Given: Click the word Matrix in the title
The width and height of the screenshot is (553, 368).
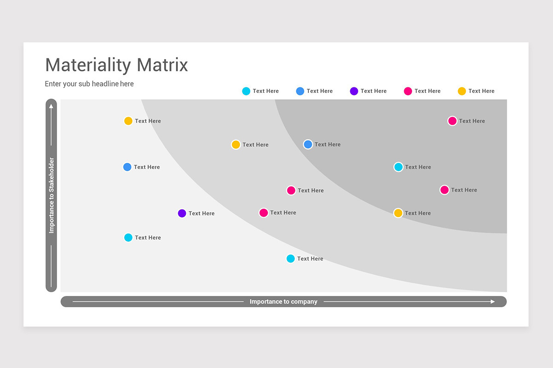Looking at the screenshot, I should tap(162, 65).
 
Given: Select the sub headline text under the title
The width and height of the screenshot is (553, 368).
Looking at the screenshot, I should tap(89, 84).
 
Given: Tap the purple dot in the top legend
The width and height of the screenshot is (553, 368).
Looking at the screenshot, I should tap(354, 91).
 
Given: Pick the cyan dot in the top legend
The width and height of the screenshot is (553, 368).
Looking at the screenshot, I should tap(246, 91).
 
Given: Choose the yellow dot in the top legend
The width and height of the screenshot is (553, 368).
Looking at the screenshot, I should tap(462, 91).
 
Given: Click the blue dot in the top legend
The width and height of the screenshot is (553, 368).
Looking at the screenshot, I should tap(300, 91).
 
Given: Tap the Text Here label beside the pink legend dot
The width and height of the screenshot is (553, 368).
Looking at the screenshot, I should tap(427, 91).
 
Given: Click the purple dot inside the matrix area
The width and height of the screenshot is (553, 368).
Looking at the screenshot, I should tap(182, 213).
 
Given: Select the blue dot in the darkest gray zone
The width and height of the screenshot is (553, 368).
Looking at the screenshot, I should tap(308, 144).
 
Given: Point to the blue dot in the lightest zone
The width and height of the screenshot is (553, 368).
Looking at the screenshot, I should tap(127, 167).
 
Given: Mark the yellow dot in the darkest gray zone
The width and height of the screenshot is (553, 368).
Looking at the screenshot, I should tap(398, 213).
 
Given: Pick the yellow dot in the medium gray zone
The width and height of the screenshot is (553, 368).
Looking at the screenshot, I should tap(235, 144).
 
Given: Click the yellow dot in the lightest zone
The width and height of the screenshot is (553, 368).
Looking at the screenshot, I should tap(128, 121).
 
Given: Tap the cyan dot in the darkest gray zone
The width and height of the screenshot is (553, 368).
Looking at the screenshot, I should tap(398, 167).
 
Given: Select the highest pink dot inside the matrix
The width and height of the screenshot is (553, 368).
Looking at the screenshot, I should tap(452, 121).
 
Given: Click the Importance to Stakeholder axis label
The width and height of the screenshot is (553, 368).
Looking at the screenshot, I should tap(51, 195).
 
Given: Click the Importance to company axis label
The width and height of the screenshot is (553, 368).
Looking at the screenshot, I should tap(283, 302).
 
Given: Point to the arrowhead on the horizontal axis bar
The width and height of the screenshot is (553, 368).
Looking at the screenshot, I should tap(493, 302).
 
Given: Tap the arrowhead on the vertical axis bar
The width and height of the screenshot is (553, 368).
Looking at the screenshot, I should tap(51, 106).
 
